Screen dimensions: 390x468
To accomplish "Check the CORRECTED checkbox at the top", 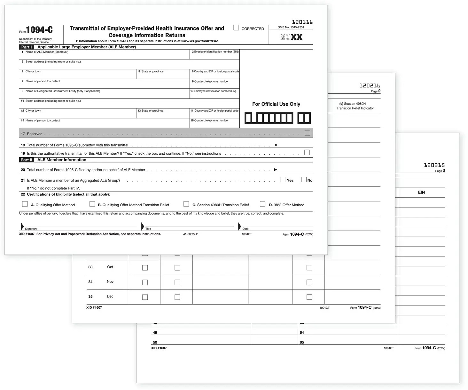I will pyautogui.click(x=236, y=28).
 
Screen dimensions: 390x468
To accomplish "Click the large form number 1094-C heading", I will pyautogui.click(x=39, y=30).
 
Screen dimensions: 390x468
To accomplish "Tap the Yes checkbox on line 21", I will pyautogui.click(x=283, y=180).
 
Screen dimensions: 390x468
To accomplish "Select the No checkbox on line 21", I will pyautogui.click(x=304, y=180).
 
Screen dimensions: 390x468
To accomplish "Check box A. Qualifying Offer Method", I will pyautogui.click(x=25, y=204).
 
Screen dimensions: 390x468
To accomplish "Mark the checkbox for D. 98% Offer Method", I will pyautogui.click(x=263, y=204).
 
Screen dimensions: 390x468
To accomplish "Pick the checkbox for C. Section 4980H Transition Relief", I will pyautogui.click(x=186, y=204).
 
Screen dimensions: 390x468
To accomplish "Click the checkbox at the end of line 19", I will pyautogui.click(x=307, y=153).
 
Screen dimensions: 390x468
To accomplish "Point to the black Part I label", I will pyautogui.click(x=27, y=47).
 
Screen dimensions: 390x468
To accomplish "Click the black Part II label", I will pyautogui.click(x=27, y=160).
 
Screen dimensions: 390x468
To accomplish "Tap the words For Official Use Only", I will pyautogui.click(x=276, y=104).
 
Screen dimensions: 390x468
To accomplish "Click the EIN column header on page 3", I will pyautogui.click(x=421, y=192).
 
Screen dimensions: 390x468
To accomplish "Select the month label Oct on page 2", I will pyautogui.click(x=110, y=267).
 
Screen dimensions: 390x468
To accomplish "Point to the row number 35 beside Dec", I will pyautogui.click(x=90, y=297).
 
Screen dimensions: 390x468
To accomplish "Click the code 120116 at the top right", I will pyautogui.click(x=302, y=22).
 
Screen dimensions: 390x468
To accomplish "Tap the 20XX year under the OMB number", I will pyautogui.click(x=291, y=37).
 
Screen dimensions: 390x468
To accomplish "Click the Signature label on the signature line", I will pyautogui.click(x=31, y=229).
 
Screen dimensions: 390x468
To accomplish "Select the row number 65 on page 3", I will pyautogui.click(x=302, y=342).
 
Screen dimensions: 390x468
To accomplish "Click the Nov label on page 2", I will pyautogui.click(x=110, y=282).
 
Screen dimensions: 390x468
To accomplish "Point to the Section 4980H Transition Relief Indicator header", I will pyautogui.click(x=355, y=106).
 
